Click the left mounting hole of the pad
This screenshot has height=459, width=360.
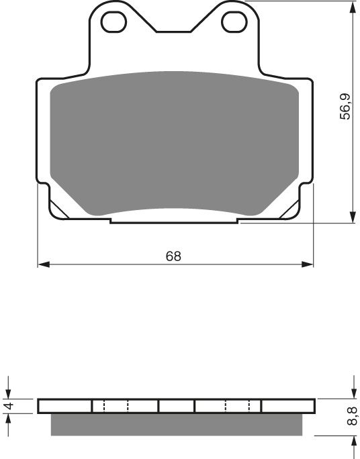click(114, 22)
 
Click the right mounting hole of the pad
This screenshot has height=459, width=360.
click(234, 22)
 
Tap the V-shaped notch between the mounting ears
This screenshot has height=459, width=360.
click(174, 28)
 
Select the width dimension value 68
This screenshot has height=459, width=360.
click(174, 256)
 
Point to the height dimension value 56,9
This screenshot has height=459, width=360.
click(345, 107)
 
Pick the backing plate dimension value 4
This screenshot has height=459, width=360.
click(9, 406)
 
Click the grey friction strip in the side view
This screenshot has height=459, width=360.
click(177, 423)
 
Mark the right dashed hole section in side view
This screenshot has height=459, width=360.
click(238, 406)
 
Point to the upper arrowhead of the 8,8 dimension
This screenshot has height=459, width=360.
click(352, 394)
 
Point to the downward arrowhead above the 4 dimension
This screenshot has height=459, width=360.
click(9, 394)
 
